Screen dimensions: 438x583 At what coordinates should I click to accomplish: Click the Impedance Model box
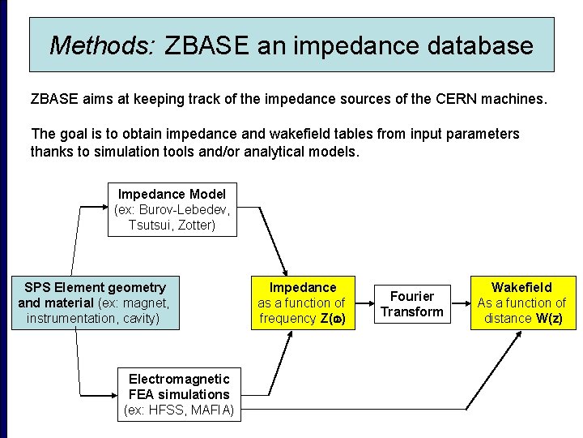[172, 209]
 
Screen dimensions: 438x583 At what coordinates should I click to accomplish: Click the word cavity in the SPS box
[140, 318]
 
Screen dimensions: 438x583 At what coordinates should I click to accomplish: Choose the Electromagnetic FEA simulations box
[179, 394]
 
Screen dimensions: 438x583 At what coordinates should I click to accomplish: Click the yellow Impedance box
[302, 303]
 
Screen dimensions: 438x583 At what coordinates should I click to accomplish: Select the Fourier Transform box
[412, 303]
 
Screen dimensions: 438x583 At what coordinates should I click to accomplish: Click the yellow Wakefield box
[521, 303]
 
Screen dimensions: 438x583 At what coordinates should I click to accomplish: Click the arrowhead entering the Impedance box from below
[287, 335]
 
